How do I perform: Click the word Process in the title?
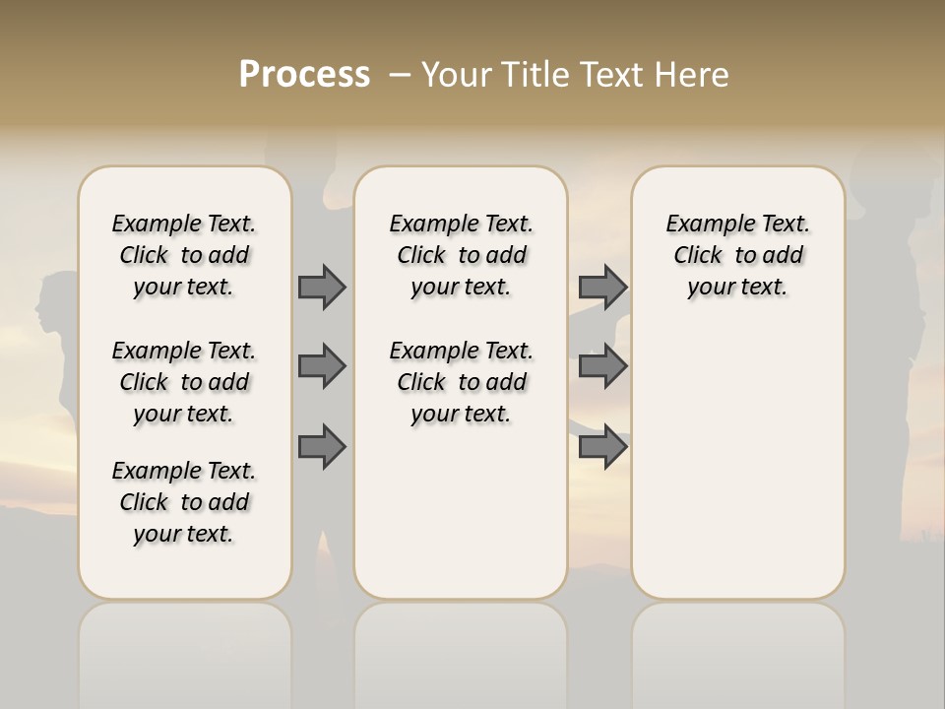[x=304, y=75]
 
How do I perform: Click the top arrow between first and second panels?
[x=322, y=287]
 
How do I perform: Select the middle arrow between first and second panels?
[x=322, y=366]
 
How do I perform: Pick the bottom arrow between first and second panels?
[x=322, y=447]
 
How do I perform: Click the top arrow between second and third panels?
[x=602, y=287]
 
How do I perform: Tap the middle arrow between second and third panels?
[x=602, y=366]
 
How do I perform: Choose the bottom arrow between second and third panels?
[x=602, y=447]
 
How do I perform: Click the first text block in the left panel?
[x=184, y=255]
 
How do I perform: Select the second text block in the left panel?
[x=184, y=382]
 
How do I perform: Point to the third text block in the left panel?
[x=184, y=502]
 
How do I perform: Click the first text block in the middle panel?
[x=461, y=255]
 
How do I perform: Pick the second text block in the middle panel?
[x=461, y=382]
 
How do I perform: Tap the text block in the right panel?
[x=738, y=255]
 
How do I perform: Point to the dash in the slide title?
[x=400, y=75]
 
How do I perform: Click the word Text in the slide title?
[x=613, y=75]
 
